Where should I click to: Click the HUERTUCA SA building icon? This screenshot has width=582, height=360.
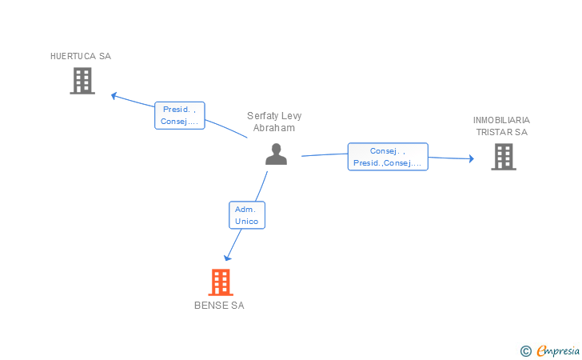click(82, 81)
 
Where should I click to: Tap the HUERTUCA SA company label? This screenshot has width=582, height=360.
click(81, 56)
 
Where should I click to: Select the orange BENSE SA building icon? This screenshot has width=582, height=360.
click(221, 282)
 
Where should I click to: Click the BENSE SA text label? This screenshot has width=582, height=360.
click(219, 306)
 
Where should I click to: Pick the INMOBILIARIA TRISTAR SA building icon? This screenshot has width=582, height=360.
click(504, 157)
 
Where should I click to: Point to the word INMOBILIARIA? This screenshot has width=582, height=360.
click(501, 120)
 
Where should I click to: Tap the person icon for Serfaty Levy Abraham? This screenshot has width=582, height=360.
click(276, 154)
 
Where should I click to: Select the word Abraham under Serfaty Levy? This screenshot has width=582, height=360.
click(274, 128)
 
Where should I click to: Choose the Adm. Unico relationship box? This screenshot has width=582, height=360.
click(247, 215)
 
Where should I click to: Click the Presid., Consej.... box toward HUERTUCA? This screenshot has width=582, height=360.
click(180, 115)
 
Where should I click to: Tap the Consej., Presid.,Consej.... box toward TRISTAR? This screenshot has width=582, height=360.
click(388, 157)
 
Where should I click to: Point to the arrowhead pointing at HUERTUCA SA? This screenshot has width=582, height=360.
click(114, 96)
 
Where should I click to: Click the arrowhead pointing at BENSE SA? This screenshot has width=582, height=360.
click(227, 258)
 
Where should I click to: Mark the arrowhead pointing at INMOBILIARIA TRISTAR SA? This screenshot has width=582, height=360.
click(472, 158)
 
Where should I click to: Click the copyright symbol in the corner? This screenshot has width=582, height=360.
click(525, 351)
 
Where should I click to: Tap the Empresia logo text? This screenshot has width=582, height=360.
click(558, 350)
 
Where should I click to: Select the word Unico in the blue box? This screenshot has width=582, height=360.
click(246, 221)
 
